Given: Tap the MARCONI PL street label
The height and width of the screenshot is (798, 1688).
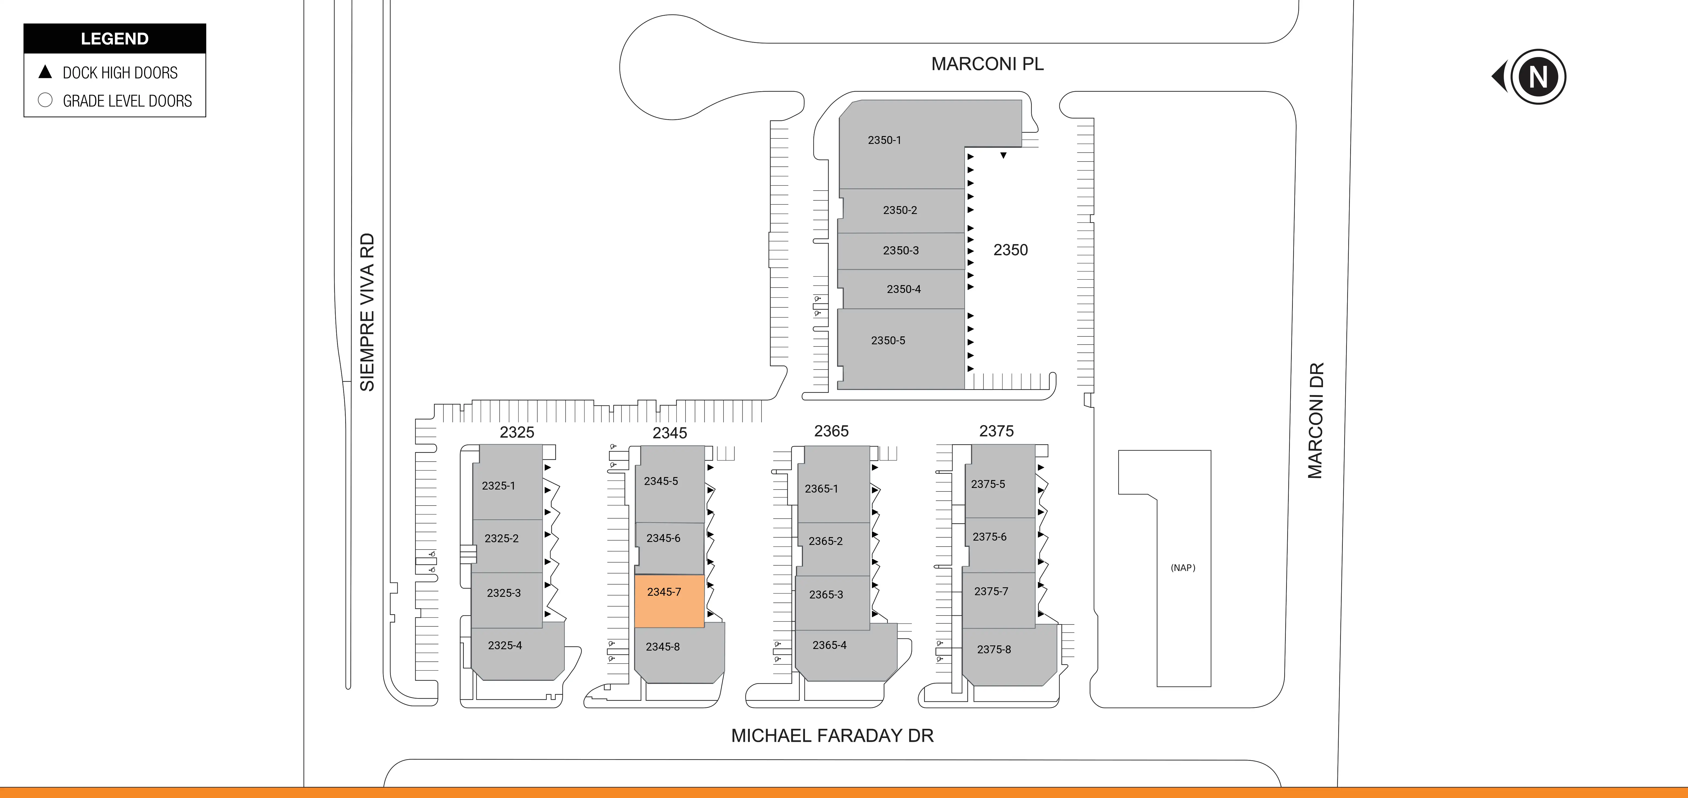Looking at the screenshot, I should click(x=987, y=64).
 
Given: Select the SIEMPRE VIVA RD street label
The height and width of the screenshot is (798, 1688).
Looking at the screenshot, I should click(x=367, y=312).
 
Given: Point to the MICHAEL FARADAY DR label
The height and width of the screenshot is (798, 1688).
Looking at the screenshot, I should click(x=832, y=736).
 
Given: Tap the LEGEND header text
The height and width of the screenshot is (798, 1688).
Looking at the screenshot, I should click(x=115, y=39).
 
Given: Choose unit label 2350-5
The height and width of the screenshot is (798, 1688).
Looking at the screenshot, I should click(x=888, y=340).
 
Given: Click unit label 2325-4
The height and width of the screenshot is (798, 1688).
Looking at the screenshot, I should click(x=505, y=645).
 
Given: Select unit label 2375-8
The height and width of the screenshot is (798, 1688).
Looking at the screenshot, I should click(x=994, y=649).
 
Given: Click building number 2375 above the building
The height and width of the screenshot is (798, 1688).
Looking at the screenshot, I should click(x=996, y=431).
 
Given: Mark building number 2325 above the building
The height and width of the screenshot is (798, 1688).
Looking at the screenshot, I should click(x=516, y=432).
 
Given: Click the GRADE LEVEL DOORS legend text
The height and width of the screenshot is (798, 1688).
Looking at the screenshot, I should click(x=127, y=101).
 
